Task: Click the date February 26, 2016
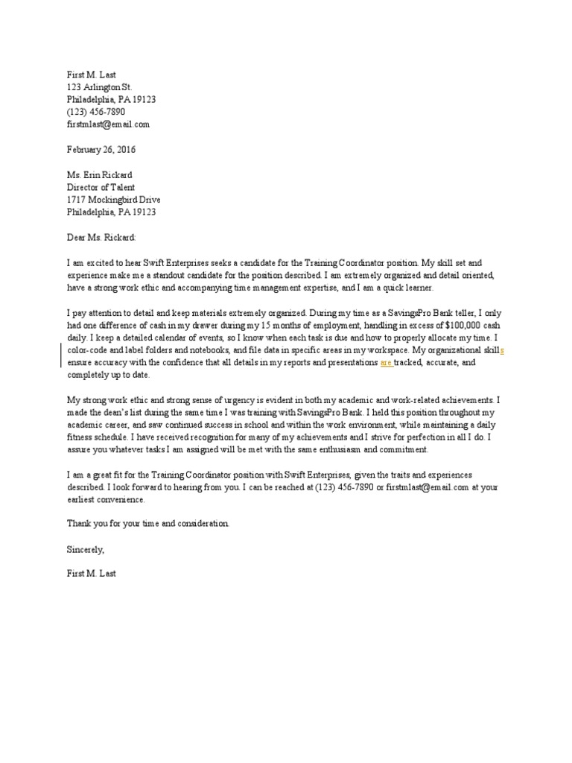click(x=101, y=149)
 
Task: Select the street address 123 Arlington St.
click(x=99, y=87)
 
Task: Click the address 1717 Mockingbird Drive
click(x=113, y=200)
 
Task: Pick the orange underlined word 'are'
click(x=386, y=362)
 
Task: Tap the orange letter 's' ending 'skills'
click(x=502, y=349)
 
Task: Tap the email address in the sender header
click(x=108, y=124)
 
